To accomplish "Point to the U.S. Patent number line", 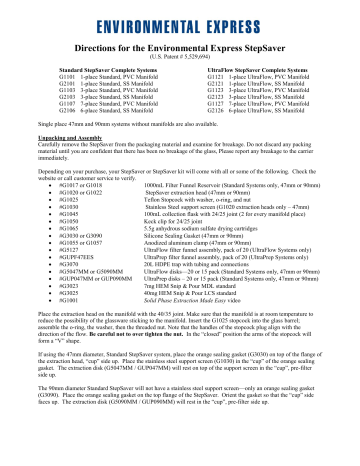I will click(180, 55).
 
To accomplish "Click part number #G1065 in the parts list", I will click(72, 232).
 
